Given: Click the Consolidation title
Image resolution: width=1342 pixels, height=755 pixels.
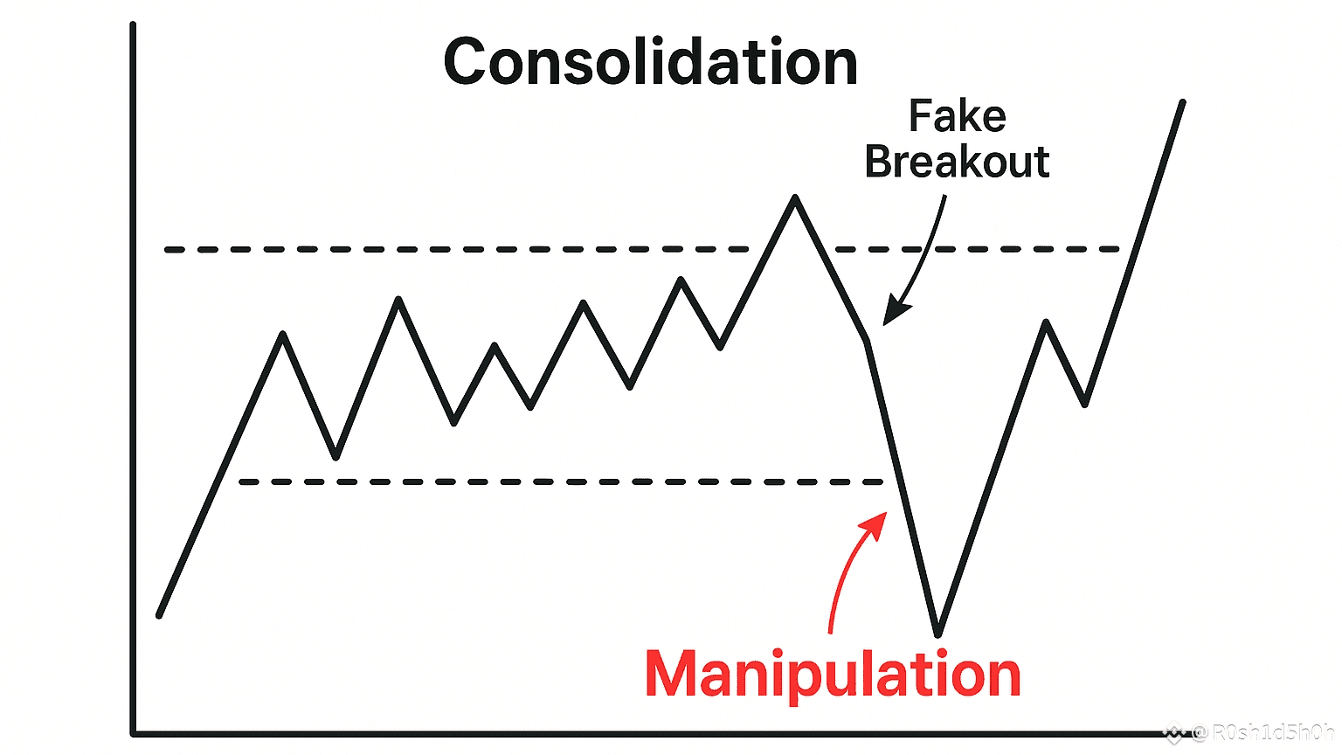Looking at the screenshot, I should pyautogui.click(x=651, y=63).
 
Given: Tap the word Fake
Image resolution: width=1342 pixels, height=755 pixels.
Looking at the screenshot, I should pyautogui.click(x=957, y=116).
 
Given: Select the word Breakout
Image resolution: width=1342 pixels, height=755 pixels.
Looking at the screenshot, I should pyautogui.click(x=957, y=163).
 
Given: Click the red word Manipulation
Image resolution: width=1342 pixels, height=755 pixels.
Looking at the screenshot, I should pyautogui.click(x=833, y=675).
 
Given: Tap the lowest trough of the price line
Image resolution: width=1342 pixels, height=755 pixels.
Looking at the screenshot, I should pyautogui.click(x=937, y=633).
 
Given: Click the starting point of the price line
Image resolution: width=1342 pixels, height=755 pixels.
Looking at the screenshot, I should pyautogui.click(x=159, y=616).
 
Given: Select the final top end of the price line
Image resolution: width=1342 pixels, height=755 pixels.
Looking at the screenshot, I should pyautogui.click(x=1183, y=102).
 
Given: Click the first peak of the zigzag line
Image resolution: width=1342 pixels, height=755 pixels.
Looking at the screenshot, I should pyautogui.click(x=283, y=334).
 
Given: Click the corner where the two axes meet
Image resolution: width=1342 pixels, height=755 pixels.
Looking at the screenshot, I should pyautogui.click(x=134, y=733).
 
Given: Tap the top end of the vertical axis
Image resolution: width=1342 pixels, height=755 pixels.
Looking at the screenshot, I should pyautogui.click(x=133, y=24).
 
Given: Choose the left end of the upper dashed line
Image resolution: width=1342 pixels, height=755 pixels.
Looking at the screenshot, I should pyautogui.click(x=168, y=250).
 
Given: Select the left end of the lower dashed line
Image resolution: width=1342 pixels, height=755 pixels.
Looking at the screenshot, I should pyautogui.click(x=242, y=481).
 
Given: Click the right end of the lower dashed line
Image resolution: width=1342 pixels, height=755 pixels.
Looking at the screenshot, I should pyautogui.click(x=881, y=481).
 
